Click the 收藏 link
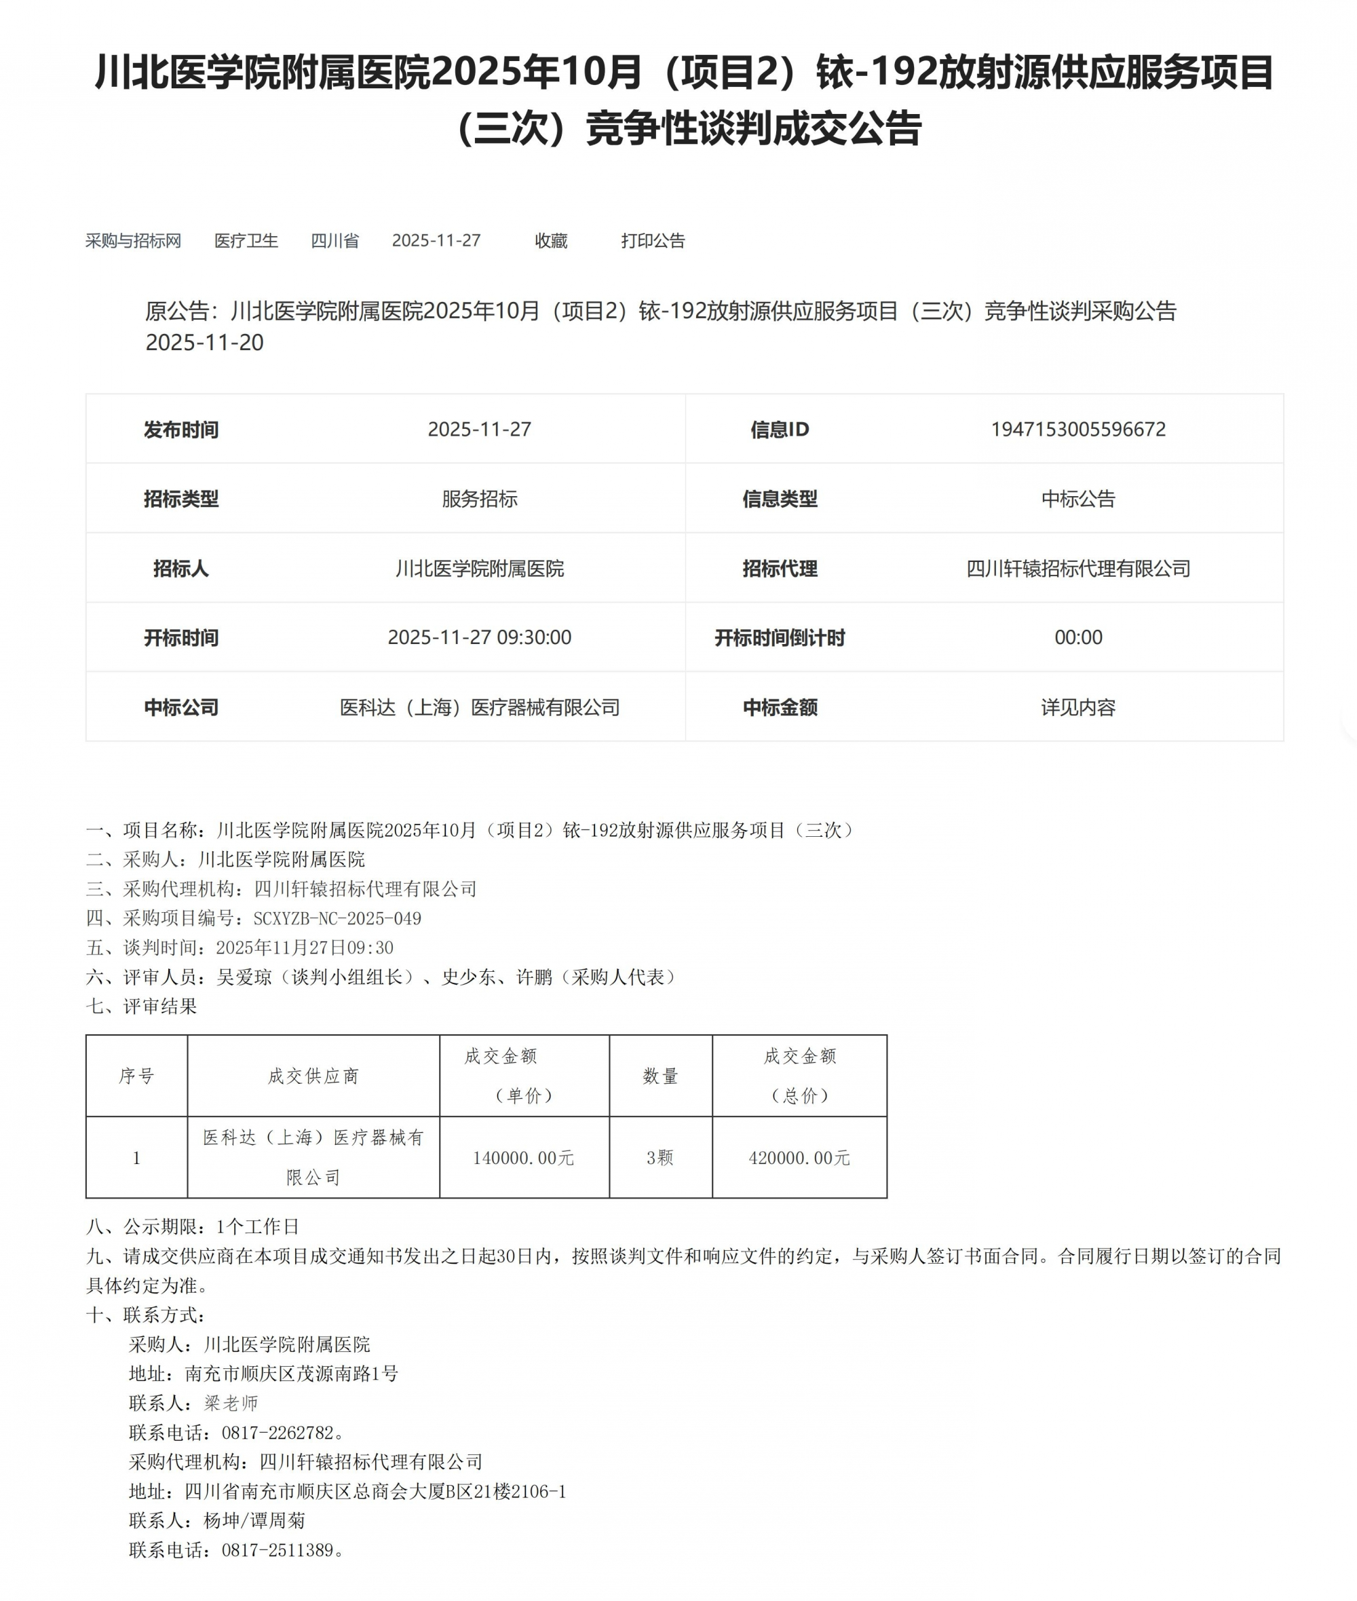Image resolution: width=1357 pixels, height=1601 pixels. (551, 241)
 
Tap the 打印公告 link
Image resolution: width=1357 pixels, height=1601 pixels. (652, 241)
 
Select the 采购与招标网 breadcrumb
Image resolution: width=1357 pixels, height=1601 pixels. (133, 241)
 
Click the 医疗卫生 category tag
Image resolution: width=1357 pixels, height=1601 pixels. (246, 241)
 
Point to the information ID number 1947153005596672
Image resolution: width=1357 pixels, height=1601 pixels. (1077, 430)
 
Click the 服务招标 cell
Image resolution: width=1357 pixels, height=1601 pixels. (479, 499)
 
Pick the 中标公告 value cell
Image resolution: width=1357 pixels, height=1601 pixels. (1077, 499)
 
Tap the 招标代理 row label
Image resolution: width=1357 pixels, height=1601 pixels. (780, 569)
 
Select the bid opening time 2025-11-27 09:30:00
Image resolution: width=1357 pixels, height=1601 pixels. (479, 637)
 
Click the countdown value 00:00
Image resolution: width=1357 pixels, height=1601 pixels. (1077, 637)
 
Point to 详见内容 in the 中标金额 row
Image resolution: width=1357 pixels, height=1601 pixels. (1077, 707)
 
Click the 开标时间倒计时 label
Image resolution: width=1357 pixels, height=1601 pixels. (780, 638)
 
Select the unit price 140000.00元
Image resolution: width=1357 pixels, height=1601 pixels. (523, 1158)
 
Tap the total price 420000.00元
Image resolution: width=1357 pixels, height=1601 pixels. (799, 1158)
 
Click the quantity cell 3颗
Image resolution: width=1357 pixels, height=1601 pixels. (660, 1158)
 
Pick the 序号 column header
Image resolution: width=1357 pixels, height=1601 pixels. (136, 1076)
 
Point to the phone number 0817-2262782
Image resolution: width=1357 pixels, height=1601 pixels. (278, 1433)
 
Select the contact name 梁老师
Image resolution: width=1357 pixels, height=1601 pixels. (231, 1404)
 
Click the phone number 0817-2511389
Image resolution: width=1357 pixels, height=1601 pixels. (278, 1550)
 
